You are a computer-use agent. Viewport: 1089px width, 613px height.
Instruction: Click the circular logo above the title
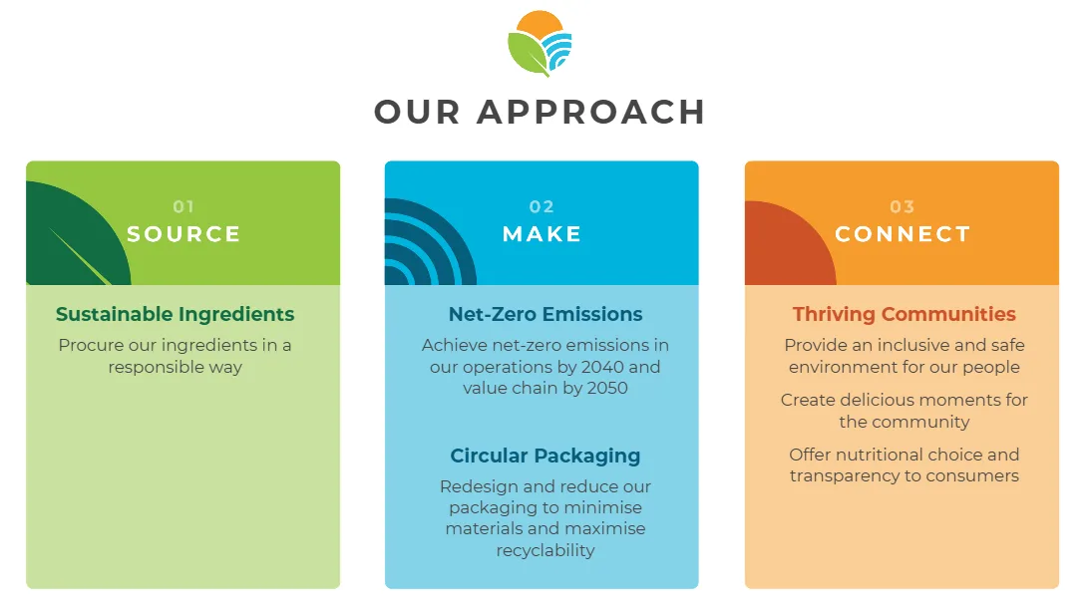pyautogui.click(x=540, y=43)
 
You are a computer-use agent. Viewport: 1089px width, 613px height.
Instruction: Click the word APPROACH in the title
pyautogui.click(x=591, y=112)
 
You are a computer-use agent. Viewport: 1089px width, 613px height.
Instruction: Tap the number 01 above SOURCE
pyautogui.click(x=183, y=207)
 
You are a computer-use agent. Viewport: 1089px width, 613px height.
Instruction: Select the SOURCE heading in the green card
pyautogui.click(x=183, y=234)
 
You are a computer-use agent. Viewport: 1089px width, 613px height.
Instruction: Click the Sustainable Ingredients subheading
pyautogui.click(x=176, y=314)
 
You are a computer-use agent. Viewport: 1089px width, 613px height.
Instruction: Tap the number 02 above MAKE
pyautogui.click(x=542, y=207)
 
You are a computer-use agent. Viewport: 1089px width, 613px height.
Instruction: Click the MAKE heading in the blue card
pyautogui.click(x=542, y=234)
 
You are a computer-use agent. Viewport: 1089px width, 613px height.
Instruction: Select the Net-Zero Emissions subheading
pyautogui.click(x=545, y=314)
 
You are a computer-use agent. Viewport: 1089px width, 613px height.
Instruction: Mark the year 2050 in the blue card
pyautogui.click(x=607, y=388)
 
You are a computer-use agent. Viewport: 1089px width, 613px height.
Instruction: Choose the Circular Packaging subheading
pyautogui.click(x=545, y=456)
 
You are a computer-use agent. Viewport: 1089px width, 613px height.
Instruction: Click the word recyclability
pyautogui.click(x=545, y=550)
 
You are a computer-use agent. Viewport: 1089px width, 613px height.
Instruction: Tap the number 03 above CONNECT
pyautogui.click(x=903, y=207)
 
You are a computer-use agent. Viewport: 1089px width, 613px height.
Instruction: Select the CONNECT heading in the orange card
pyautogui.click(x=903, y=234)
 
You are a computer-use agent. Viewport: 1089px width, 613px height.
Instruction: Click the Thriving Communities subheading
pyautogui.click(x=905, y=314)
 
